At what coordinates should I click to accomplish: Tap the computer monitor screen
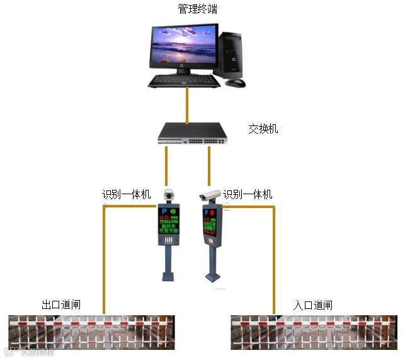click(183, 47)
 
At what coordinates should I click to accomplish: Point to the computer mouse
click(236, 82)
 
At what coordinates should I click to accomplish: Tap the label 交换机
click(263, 129)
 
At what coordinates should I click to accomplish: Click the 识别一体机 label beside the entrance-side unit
click(248, 194)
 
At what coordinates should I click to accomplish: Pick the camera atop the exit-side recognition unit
click(168, 195)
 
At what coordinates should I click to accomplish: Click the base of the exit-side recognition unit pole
click(168, 276)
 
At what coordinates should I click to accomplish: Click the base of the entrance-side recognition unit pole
click(213, 276)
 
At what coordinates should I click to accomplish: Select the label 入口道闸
click(312, 305)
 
